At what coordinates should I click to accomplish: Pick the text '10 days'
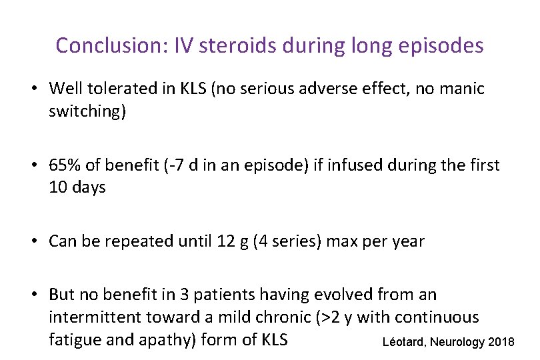pos(77,187)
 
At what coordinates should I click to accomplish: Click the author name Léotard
pos(405,343)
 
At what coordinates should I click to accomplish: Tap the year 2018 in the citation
pos(501,343)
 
